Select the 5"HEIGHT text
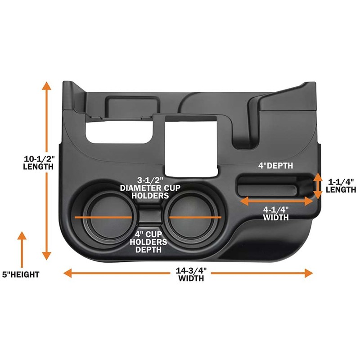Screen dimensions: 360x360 click(x=20, y=274)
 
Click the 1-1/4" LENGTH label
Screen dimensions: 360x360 click(x=341, y=185)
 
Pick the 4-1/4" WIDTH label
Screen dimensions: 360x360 click(x=276, y=213)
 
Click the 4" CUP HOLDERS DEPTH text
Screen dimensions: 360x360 click(x=151, y=242)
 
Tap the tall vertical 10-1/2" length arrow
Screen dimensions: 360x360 click(x=46, y=171)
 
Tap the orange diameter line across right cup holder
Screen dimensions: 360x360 click(x=195, y=217)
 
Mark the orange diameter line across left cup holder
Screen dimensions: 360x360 click(x=103, y=217)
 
